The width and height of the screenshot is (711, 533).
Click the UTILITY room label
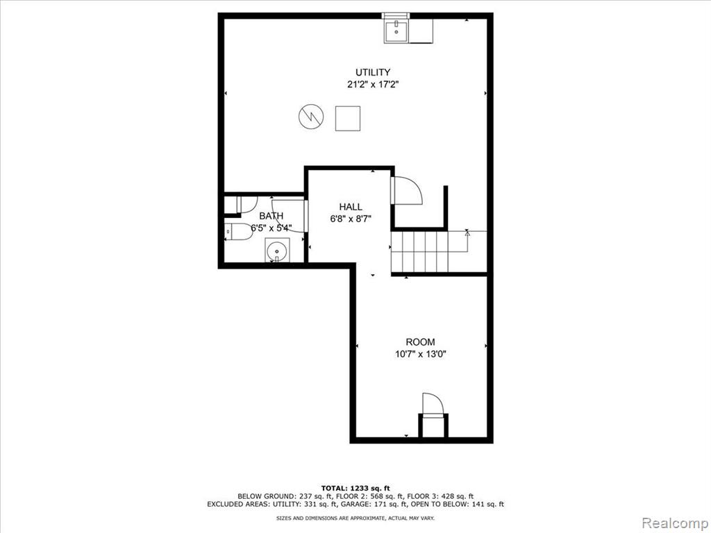[373, 72]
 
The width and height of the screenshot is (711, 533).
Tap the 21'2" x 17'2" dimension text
[373, 84]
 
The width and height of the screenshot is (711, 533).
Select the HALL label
[351, 207]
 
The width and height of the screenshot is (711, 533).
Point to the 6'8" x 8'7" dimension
[351, 219]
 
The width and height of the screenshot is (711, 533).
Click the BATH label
[271, 216]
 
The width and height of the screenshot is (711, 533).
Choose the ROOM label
[420, 342]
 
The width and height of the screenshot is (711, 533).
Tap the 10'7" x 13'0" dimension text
[420, 354]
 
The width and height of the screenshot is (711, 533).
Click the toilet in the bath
[240, 232]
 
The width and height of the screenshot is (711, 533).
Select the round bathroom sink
[276, 251]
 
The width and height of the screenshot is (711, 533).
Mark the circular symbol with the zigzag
[311, 117]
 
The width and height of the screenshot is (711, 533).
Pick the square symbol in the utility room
[348, 118]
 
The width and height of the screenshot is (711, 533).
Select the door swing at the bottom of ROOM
[432, 403]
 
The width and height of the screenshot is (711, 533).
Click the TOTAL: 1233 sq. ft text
[355, 488]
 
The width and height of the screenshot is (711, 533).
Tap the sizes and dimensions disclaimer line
[355, 518]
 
